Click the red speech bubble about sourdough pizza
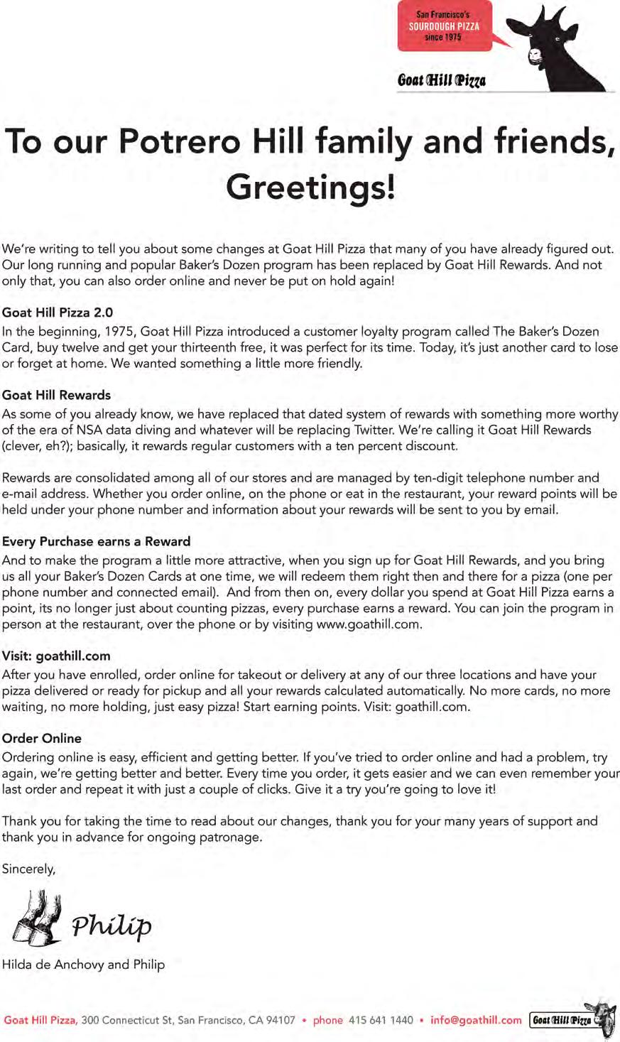[x=445, y=26]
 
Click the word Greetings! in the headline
[x=310, y=187]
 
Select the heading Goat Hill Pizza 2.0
[x=58, y=313]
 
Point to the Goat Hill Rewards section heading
[x=57, y=395]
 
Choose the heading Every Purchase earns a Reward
[x=97, y=541]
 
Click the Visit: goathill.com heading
[x=56, y=656]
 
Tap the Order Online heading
[x=42, y=738]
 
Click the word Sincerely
[x=28, y=868]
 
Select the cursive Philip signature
[x=112, y=926]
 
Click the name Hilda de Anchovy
[x=53, y=965]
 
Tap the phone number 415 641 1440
[x=381, y=1020]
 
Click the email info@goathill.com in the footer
[x=476, y=1020]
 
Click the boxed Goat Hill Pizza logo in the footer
[x=562, y=1021]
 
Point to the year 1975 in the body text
[x=120, y=331]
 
